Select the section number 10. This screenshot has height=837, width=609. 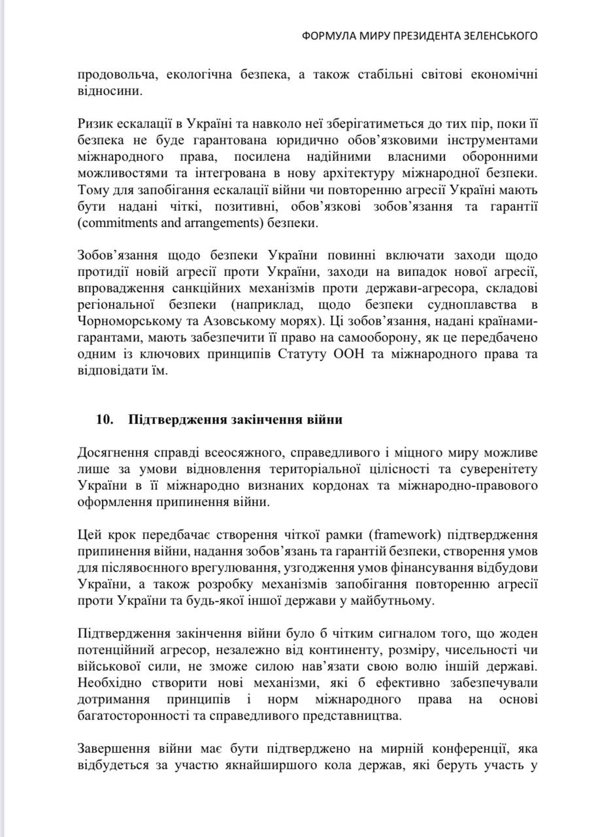[106, 420]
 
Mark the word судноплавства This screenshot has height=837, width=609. [463, 304]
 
